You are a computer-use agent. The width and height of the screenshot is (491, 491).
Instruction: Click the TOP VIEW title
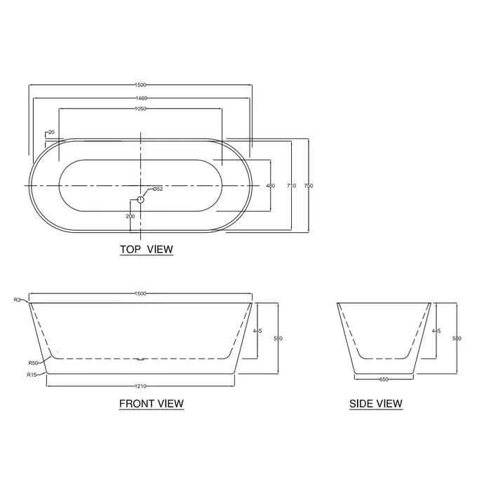(x=146, y=249)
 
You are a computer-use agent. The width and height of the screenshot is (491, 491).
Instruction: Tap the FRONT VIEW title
(x=151, y=403)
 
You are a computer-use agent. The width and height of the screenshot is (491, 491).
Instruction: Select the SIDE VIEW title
(x=376, y=403)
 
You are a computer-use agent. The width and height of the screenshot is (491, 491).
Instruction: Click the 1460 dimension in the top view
(x=140, y=98)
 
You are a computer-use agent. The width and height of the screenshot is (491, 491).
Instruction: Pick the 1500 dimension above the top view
(x=140, y=86)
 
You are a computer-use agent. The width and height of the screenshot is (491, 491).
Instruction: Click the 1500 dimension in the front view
(x=140, y=294)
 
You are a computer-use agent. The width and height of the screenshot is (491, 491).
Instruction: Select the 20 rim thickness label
(x=52, y=132)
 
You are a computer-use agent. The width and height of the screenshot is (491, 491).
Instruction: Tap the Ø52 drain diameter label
(x=157, y=189)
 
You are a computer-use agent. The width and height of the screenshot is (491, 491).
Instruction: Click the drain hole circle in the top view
(x=140, y=200)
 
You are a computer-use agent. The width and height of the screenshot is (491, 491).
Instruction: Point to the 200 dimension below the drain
(x=131, y=216)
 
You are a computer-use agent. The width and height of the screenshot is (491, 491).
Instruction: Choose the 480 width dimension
(x=271, y=186)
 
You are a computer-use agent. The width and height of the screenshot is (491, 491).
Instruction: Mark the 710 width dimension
(x=292, y=186)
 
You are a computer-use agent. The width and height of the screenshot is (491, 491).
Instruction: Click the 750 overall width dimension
(x=309, y=186)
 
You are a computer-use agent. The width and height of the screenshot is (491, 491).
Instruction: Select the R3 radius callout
(x=17, y=300)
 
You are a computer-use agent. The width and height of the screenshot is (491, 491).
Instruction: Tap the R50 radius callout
(x=32, y=363)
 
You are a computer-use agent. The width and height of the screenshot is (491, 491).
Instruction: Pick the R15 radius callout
(x=32, y=375)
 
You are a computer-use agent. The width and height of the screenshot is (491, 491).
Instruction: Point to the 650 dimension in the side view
(x=384, y=379)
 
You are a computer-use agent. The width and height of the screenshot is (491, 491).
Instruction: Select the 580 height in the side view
(x=457, y=338)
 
